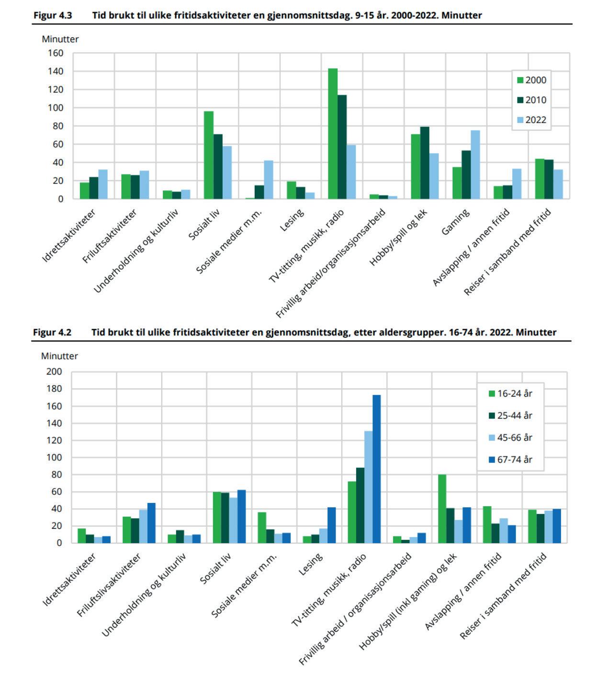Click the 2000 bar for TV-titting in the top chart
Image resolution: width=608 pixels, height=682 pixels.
[333, 134]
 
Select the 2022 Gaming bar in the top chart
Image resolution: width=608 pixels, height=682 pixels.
[475, 165]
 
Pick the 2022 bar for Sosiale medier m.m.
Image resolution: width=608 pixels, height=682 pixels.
[269, 180]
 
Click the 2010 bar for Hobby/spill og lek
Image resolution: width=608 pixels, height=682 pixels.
[425, 163]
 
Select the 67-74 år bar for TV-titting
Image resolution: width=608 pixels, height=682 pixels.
[377, 469]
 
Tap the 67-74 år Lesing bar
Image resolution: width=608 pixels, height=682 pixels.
[331, 525]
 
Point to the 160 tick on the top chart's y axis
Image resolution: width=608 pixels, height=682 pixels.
[56, 53]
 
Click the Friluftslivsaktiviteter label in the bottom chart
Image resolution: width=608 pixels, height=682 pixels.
[109, 585]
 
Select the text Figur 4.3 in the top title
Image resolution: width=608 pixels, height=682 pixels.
[53, 15]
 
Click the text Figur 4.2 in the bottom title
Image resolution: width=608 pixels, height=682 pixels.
[52, 332]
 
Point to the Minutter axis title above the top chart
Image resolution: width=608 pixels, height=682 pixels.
[60, 39]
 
